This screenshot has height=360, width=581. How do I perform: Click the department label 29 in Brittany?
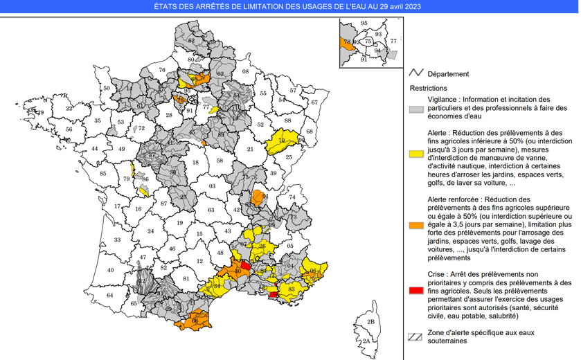[39, 112]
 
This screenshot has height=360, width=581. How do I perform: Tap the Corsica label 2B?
[371, 322]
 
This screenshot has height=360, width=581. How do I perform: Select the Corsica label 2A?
[366, 341]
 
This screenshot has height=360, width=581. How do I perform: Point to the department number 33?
[117, 240]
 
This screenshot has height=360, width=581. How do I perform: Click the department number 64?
[109, 296]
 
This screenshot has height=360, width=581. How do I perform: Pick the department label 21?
[250, 149]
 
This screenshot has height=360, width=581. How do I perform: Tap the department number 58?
[220, 161]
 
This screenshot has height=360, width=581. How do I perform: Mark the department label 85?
[103, 174]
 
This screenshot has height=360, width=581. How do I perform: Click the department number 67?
[314, 102]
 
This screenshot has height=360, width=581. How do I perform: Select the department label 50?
[107, 89]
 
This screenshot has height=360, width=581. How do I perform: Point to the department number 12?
[200, 261]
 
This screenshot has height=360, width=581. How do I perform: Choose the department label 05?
[290, 246]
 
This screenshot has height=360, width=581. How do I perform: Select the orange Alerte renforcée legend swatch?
[415, 226]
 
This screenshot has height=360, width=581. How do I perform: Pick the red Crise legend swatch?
[415, 290]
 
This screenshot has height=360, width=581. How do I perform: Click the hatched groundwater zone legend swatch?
[415, 337]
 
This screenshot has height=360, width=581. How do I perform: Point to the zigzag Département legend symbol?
[415, 73]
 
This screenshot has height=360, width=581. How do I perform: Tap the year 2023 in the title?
[409, 6]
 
